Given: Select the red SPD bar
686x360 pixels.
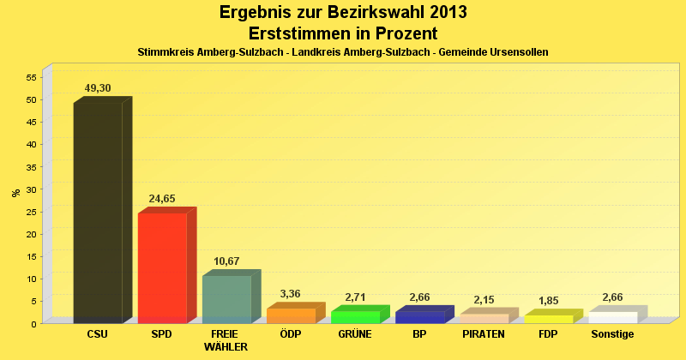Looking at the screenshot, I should [162, 267].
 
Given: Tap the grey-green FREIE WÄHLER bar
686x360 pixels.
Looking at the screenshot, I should [226, 299].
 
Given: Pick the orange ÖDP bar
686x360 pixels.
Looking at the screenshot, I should [291, 315].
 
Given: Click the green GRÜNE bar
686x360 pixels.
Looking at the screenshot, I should [355, 317].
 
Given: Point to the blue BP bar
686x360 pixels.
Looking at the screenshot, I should [419, 317].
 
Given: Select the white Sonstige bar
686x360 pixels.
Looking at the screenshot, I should [612, 317].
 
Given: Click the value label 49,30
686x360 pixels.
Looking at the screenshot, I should [98, 87].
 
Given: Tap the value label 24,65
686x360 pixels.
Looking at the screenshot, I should [162, 198].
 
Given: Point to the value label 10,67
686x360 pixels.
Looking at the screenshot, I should [226, 261].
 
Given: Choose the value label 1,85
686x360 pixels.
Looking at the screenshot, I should [548, 300].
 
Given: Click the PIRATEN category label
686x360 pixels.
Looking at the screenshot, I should [484, 334].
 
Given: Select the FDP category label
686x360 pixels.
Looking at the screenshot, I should [548, 334].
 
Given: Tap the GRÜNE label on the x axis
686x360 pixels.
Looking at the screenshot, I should [355, 334].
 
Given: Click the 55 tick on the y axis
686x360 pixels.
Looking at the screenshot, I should [30, 77].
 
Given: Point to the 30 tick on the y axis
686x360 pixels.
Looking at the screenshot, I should [30, 189].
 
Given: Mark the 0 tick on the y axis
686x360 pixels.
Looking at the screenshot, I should [33, 324].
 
